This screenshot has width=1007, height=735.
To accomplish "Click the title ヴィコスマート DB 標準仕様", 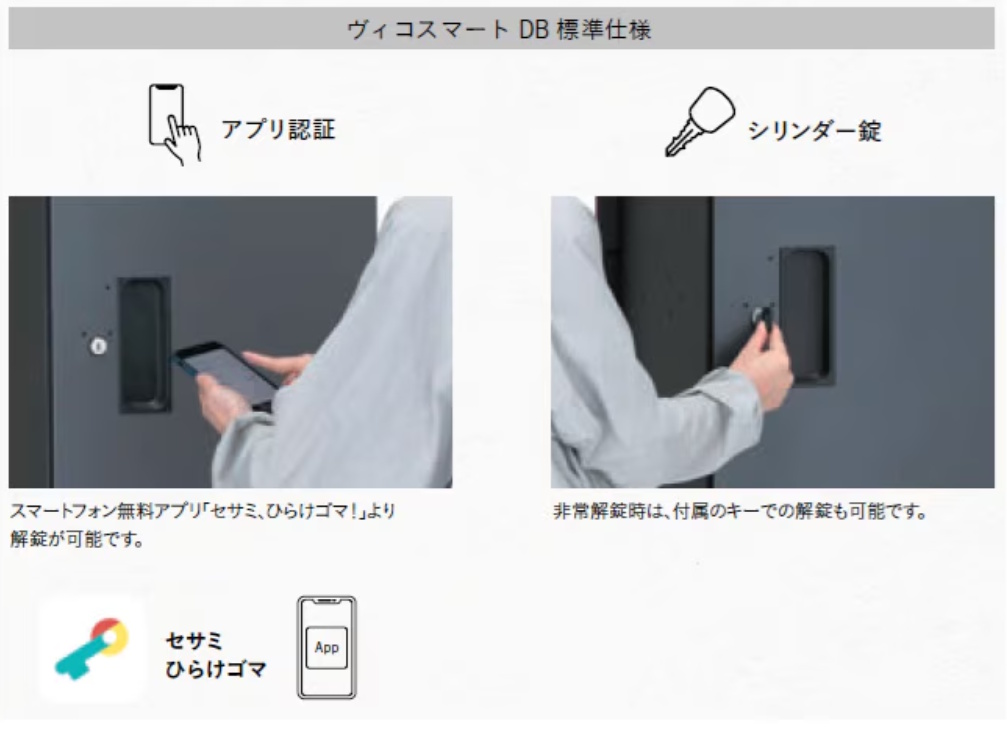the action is pyautogui.click(x=499, y=29).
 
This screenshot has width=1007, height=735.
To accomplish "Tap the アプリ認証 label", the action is pyautogui.click(x=278, y=129).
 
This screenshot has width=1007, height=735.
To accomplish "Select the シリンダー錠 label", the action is pyautogui.click(x=814, y=130).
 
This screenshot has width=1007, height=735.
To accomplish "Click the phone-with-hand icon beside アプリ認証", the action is pyautogui.click(x=174, y=124).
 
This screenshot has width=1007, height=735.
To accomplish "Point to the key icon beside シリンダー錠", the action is pyautogui.click(x=699, y=121).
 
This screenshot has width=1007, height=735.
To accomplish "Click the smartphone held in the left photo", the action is pyautogui.click(x=226, y=374).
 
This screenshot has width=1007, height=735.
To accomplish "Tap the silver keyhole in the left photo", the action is pyautogui.click(x=98, y=346).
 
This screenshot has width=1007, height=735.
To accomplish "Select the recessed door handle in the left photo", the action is pyautogui.click(x=144, y=344).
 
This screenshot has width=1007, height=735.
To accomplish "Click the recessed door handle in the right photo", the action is pyautogui.click(x=807, y=315).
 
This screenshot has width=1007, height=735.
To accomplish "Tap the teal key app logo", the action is pyautogui.click(x=91, y=648).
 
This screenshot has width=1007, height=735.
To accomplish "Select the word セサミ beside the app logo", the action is pyautogui.click(x=194, y=641).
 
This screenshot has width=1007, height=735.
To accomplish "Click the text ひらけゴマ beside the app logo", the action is pyautogui.click(x=216, y=669).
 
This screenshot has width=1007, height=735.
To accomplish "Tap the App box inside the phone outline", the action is pyautogui.click(x=326, y=648).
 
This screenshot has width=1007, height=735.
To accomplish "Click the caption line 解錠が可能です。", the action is pyautogui.click(x=76, y=538).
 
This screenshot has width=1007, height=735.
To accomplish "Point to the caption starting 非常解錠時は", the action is pyautogui.click(x=739, y=511).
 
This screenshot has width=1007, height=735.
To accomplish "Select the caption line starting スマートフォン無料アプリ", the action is pyautogui.click(x=202, y=511).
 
